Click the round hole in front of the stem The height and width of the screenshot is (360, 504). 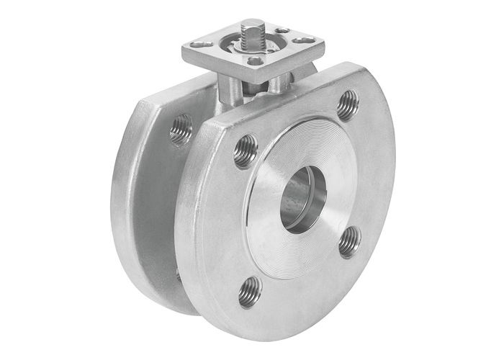point(254,61)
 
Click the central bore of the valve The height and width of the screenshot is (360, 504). point(302,199)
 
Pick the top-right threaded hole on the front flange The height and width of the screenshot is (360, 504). point(347,105)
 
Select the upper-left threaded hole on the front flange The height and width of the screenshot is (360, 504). point(246,151)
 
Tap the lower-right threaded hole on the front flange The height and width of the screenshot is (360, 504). point(348,241)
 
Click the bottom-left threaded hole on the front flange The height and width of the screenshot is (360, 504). point(250,292)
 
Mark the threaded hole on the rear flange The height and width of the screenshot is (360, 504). point(180,130)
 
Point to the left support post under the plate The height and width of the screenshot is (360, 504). point(234,90)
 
